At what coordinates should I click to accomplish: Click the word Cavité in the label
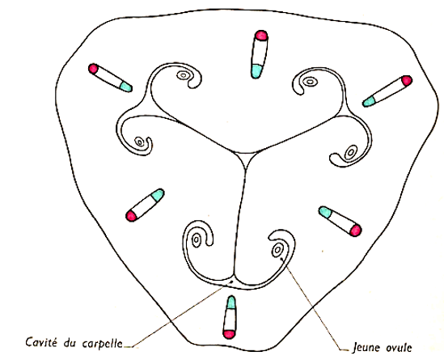[41, 342]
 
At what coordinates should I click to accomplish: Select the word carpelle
[103, 343]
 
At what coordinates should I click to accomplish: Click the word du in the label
[70, 342]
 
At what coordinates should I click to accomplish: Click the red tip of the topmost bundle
[261, 35]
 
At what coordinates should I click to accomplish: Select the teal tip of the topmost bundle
[256, 71]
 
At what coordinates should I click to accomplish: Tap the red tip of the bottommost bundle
[229, 334]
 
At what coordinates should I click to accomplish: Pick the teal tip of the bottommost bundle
[231, 303]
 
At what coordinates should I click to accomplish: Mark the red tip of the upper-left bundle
[93, 69]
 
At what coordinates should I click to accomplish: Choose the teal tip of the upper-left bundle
[125, 87]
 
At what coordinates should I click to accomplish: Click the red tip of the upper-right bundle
[406, 81]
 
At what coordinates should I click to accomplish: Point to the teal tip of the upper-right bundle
[369, 101]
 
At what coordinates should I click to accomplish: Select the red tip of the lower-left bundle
[131, 216]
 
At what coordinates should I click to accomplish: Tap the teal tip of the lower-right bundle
[325, 212]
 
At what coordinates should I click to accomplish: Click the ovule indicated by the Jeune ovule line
[277, 250]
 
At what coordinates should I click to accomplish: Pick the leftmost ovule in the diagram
[139, 142]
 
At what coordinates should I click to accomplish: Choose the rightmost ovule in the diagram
[350, 153]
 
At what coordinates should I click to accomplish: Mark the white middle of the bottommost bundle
[230, 320]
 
